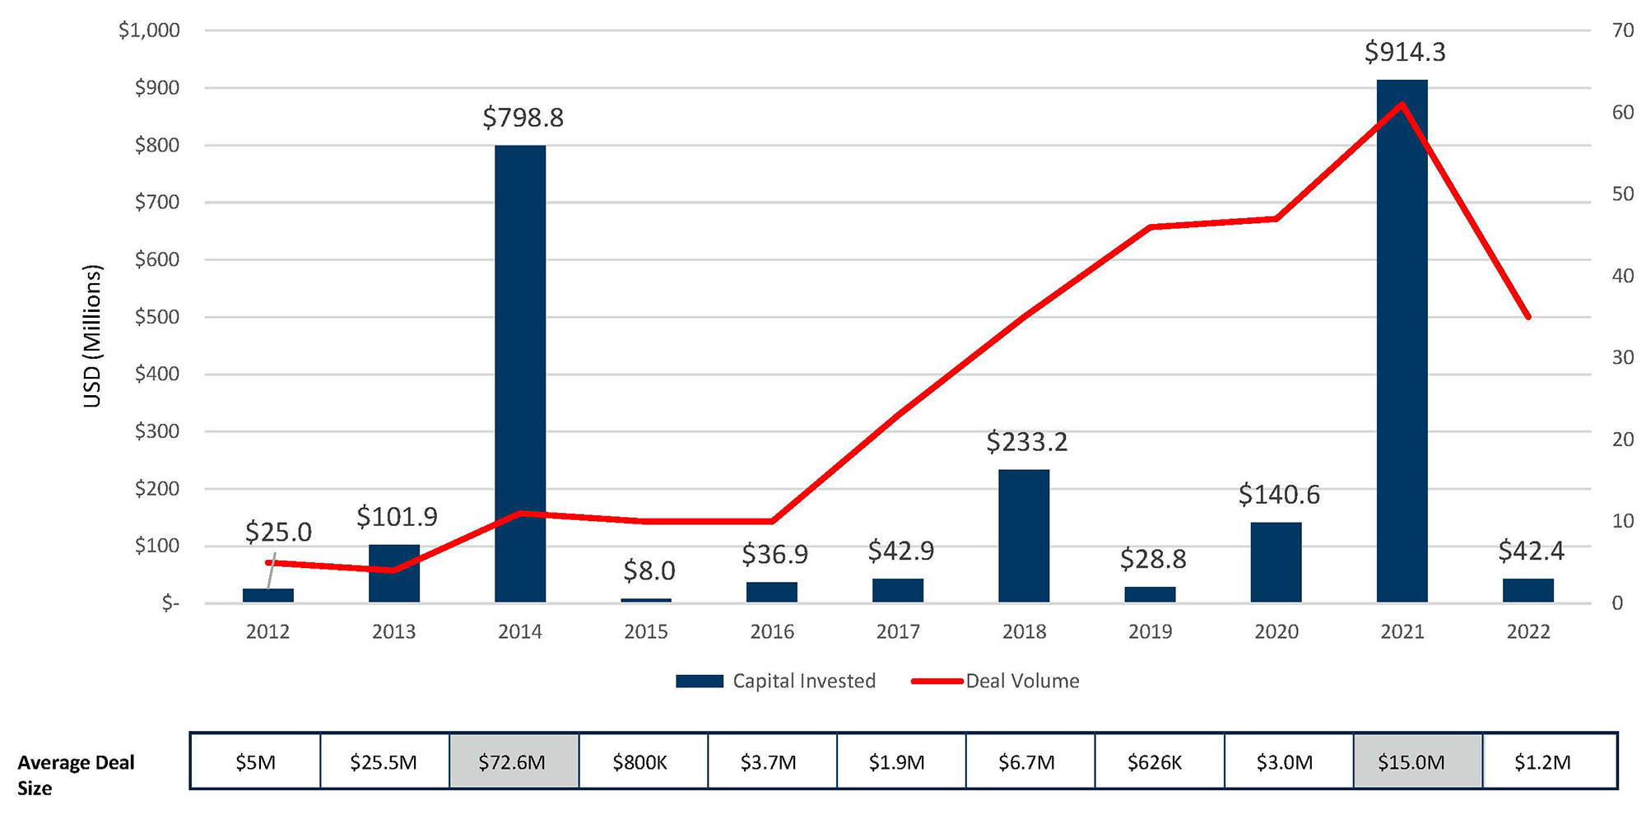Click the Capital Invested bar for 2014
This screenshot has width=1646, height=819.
519,375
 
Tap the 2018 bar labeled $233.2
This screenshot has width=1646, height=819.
1024,536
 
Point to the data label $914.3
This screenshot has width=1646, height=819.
1404,52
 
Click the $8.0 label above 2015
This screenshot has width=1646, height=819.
649,570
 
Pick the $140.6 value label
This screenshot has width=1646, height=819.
1278,495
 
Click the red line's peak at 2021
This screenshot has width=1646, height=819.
1402,104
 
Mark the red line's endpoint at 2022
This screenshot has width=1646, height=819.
1528,317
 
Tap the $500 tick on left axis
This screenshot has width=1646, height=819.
156,317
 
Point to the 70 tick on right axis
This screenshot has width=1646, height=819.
1622,30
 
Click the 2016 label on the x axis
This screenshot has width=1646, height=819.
771,631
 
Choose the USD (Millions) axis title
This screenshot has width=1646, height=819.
91,336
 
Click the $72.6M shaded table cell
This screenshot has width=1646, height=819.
513,762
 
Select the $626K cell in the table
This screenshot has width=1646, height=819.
1155,762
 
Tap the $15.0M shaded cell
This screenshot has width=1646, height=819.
1411,762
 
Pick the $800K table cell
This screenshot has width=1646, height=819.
639,762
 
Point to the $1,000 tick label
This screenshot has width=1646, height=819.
149,30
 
